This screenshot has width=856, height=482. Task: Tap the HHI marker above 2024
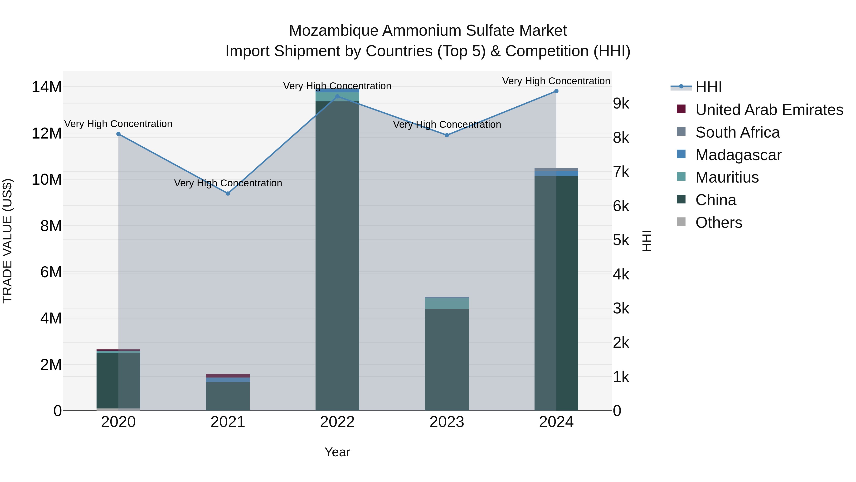click(x=556, y=91)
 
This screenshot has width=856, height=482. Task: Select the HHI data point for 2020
click(x=118, y=134)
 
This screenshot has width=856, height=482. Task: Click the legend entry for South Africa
click(x=737, y=132)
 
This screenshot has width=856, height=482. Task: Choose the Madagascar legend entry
click(x=738, y=155)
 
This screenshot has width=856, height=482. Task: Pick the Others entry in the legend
click(x=718, y=223)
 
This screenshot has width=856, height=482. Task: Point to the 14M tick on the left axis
click(x=47, y=87)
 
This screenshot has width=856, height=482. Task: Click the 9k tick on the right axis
click(x=621, y=104)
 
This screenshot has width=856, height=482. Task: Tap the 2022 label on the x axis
click(x=337, y=422)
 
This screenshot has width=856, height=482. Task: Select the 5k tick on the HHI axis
click(x=621, y=240)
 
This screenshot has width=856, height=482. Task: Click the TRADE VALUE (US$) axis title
click(x=8, y=241)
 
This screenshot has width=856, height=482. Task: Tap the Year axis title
click(x=337, y=452)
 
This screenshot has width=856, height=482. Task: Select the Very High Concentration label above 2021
click(x=228, y=183)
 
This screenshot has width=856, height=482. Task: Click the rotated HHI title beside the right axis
click(x=647, y=241)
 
